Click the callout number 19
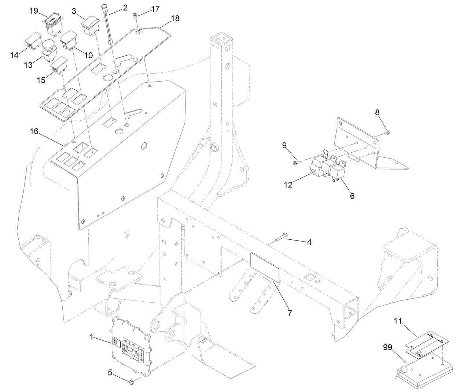(34, 11)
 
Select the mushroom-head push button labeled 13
(48, 51)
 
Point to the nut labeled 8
(388, 132)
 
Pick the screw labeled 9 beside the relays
(295, 162)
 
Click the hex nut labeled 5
(131, 382)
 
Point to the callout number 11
(398, 322)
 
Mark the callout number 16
(34, 131)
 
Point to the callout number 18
(175, 18)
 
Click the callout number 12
(288, 184)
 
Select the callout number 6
(352, 196)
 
